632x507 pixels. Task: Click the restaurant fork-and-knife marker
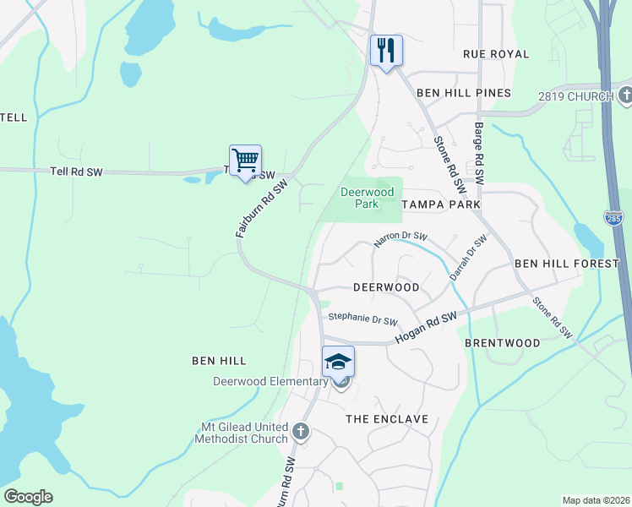point(386,51)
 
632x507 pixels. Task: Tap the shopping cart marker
point(245,160)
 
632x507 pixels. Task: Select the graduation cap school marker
point(339,363)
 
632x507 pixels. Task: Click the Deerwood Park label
point(367,198)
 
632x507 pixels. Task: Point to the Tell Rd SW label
point(75,172)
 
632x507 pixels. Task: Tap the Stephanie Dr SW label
point(362,319)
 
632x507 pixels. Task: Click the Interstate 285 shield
point(614,219)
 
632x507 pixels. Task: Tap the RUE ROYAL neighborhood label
point(496,54)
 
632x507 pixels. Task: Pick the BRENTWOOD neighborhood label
point(503,343)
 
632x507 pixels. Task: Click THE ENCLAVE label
point(388,419)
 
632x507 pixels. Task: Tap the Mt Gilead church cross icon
point(300,433)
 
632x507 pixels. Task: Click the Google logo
point(28,497)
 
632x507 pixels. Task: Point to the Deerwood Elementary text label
point(270,381)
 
